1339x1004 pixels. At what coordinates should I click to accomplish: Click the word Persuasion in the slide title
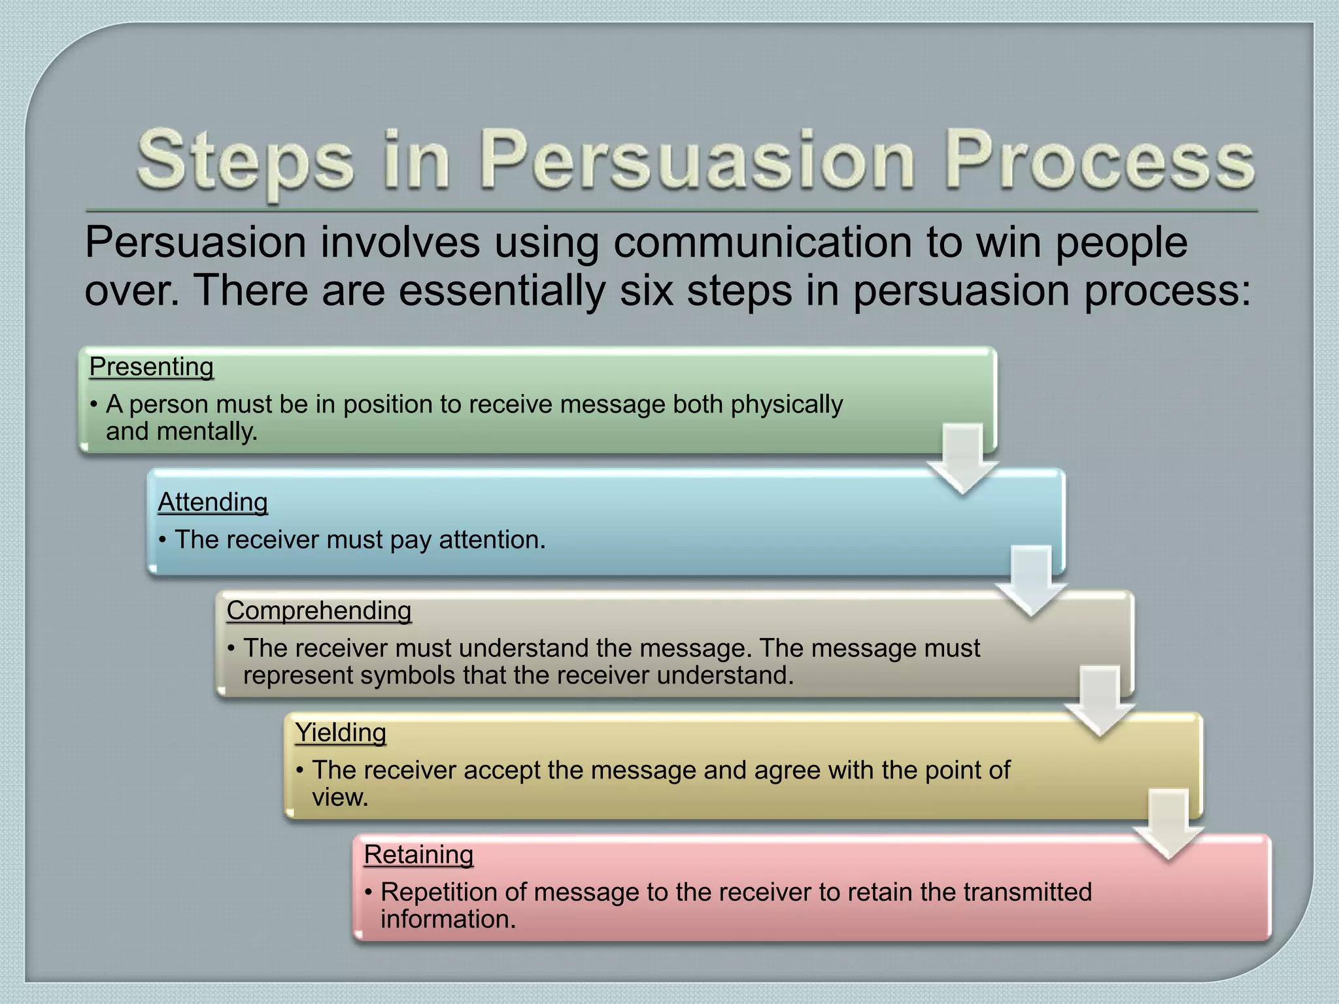696,161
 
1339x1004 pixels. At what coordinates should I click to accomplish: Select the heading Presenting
151,367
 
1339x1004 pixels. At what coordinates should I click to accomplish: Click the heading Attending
212,502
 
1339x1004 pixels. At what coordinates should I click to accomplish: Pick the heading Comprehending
319,611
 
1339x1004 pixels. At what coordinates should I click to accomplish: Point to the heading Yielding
340,732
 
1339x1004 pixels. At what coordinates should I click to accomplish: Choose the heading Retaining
418,854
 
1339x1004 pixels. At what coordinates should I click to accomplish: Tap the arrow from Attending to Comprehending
1031,581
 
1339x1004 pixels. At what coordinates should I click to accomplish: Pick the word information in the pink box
448,919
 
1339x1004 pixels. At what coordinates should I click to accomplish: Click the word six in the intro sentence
646,290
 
